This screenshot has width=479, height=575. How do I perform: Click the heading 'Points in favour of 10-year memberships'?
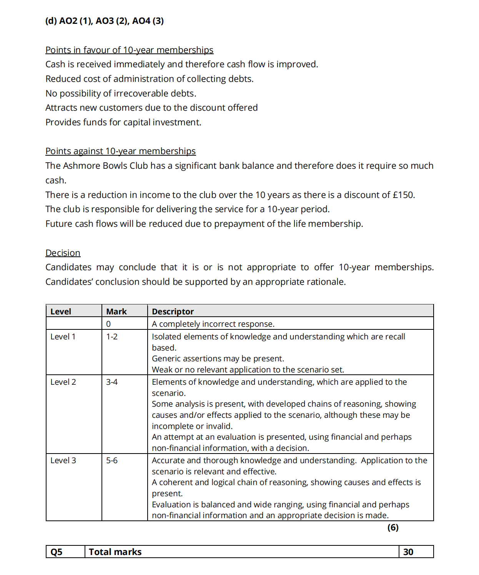(129, 50)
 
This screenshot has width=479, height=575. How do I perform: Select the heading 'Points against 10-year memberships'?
(120, 151)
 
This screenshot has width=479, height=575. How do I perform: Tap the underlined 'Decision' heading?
(63, 253)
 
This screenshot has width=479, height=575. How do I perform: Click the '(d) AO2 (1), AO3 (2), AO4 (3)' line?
(104, 21)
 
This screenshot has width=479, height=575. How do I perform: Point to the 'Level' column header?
(61, 311)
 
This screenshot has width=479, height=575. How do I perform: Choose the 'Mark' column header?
(116, 311)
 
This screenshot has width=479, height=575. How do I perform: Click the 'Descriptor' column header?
(173, 311)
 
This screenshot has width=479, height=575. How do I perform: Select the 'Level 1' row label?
(63, 337)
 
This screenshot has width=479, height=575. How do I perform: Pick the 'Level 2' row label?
(63, 382)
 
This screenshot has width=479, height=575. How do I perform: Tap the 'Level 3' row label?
(63, 460)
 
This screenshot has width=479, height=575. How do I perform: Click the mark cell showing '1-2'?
(112, 337)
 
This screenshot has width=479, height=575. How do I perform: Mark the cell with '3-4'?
(112, 382)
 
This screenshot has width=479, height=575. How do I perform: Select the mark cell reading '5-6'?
(112, 460)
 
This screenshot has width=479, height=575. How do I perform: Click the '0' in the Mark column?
(108, 324)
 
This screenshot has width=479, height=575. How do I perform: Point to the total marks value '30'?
(408, 552)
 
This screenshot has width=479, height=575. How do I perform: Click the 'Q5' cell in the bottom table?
(57, 552)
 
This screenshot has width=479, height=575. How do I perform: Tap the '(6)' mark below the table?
(393, 527)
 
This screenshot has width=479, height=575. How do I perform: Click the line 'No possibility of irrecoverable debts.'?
(121, 93)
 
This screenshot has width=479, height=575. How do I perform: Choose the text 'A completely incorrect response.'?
(213, 324)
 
